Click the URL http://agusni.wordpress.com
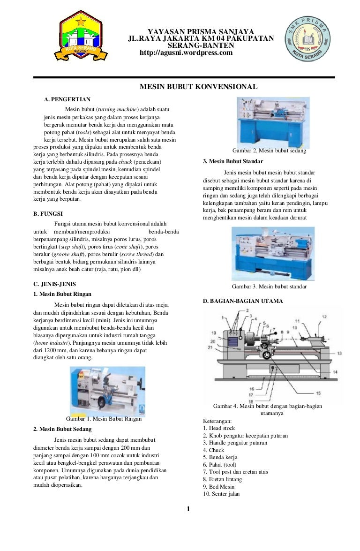[186, 53]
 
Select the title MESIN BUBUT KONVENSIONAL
[199, 87]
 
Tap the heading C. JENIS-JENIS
[54, 284]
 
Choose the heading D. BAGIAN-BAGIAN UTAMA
[242, 301]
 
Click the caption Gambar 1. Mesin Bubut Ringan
[104, 419]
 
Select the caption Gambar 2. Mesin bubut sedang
[269, 151]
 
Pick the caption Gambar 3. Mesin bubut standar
[269, 286]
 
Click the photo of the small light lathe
[107, 391]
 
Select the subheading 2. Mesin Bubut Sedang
[62, 429]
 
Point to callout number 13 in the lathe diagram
[339, 353]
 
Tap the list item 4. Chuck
[214, 450]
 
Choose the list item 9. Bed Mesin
[219, 487]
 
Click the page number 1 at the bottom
[187, 509]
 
